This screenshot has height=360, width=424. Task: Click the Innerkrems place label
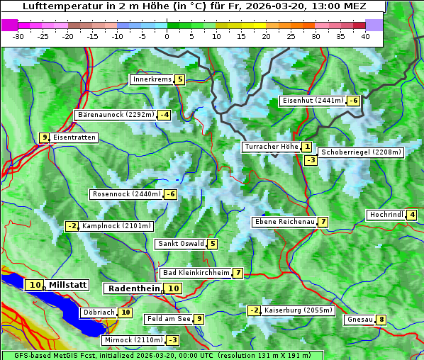coord(152,79)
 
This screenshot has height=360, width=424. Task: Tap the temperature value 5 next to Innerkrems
coord(180,79)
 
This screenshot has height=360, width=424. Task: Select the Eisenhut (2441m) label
coord(313,101)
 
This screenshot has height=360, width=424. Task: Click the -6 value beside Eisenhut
coord(352,101)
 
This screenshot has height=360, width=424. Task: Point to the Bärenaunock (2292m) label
coord(115,114)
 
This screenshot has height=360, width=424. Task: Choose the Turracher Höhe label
coord(271,147)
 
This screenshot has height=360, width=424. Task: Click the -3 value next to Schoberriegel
coord(311,160)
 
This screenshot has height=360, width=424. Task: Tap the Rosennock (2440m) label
coord(126,194)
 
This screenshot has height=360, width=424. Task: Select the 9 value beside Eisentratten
coord(44,137)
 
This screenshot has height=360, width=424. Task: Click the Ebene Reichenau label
coord(284,222)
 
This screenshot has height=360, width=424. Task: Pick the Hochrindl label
coord(386,215)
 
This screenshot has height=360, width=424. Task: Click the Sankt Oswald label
coord(181,244)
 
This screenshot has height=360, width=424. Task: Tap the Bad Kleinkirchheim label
coord(196,273)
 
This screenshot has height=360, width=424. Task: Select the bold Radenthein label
coord(134,288)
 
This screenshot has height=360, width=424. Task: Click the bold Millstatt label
coord(68,285)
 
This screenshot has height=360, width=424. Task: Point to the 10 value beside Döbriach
coord(125,312)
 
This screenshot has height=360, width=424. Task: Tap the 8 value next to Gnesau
coord(381,320)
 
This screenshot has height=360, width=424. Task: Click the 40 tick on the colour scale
coord(365,35)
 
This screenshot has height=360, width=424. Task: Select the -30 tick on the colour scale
coord(18,35)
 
